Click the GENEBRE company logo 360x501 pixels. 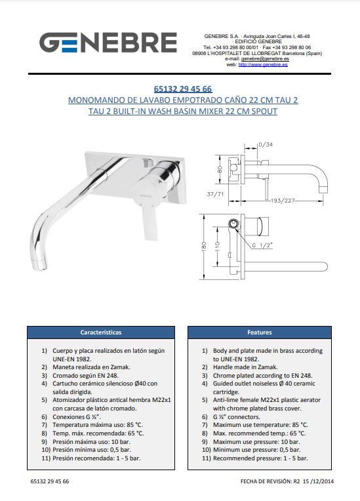pyautogui.click(x=108, y=42)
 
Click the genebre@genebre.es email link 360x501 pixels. pyautogui.click(x=265, y=59)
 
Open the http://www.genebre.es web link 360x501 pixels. pyautogui.click(x=263, y=64)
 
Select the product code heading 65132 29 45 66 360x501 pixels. pyautogui.click(x=183, y=89)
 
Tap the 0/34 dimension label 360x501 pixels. pyautogui.click(x=266, y=145)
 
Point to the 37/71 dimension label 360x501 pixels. pyautogui.click(x=215, y=194)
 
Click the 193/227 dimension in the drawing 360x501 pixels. pyautogui.click(x=283, y=201)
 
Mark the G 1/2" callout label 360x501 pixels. pyautogui.click(x=262, y=245)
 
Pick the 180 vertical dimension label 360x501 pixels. pyautogui.click(x=205, y=247)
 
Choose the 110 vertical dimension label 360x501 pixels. pyautogui.click(x=218, y=247)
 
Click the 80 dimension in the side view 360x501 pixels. pyautogui.click(x=220, y=169)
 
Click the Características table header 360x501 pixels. pyautogui.click(x=101, y=332)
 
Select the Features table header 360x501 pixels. pyautogui.click(x=260, y=332)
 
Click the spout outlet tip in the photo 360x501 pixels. pyautogui.click(x=39, y=265)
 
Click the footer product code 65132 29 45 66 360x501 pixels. pyautogui.click(x=50, y=481)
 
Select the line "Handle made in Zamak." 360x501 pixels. pyautogui.click(x=245, y=367)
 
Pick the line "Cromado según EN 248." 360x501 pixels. pyautogui.click(x=86, y=376)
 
